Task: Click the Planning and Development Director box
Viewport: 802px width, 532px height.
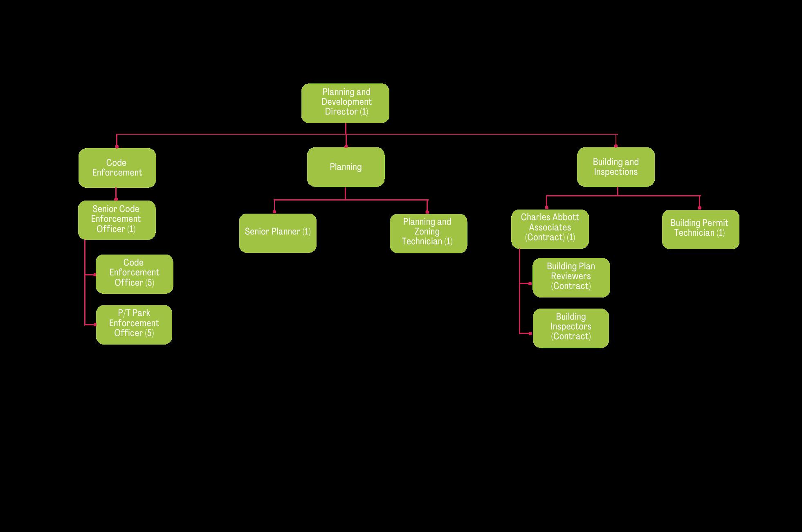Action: tap(345, 103)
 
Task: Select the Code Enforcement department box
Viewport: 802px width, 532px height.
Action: tap(117, 168)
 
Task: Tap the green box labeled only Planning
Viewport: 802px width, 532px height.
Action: tap(346, 167)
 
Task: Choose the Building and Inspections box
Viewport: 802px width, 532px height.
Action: tap(616, 167)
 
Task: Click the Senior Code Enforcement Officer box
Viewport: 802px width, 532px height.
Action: tap(117, 220)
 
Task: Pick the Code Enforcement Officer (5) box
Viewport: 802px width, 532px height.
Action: tap(134, 274)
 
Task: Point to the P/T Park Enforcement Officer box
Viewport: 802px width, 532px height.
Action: tap(134, 325)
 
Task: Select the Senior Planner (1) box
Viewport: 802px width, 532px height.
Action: tap(278, 233)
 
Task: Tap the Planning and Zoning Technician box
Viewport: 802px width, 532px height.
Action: tap(428, 233)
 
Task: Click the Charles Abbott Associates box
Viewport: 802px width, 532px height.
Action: tap(550, 229)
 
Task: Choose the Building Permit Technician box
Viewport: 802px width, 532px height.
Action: tap(700, 229)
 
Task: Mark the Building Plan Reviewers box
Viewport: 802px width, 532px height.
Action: tap(571, 277)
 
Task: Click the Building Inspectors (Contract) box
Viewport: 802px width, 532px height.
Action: tap(571, 328)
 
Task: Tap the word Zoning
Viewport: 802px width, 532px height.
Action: tap(427, 232)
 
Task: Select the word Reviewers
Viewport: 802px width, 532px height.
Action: tap(571, 276)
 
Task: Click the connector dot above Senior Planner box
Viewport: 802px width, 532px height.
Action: tap(274, 212)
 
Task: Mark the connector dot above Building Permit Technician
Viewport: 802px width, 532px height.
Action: tap(700, 208)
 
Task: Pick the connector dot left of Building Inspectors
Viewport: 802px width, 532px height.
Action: tap(530, 334)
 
